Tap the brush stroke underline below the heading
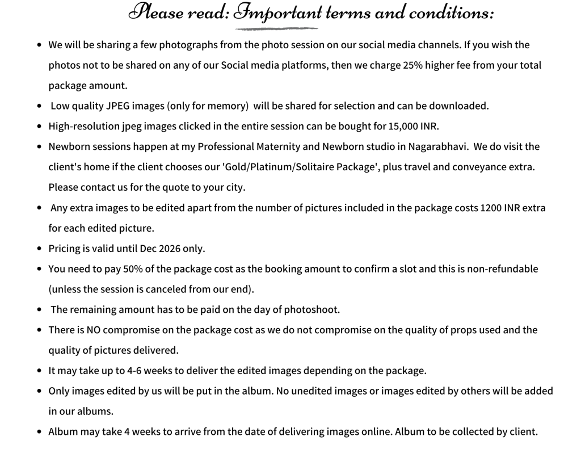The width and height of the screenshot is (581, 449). click(277, 28)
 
